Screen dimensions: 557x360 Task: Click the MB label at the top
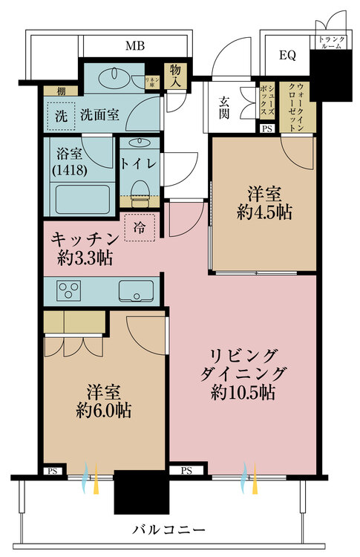134,46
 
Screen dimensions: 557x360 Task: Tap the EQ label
287,55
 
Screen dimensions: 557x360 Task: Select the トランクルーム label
330,42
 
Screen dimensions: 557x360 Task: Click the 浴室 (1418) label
71,161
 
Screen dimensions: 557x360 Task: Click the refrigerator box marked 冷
140,227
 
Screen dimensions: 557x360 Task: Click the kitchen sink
135,290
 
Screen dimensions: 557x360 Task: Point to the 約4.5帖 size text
264,212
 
